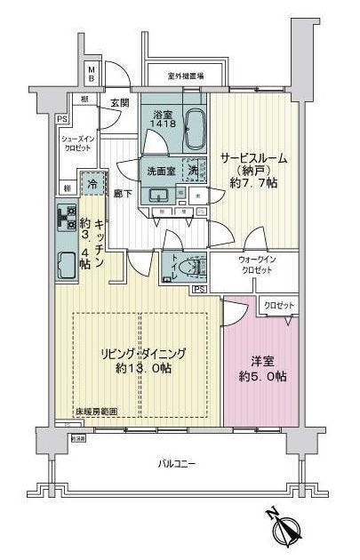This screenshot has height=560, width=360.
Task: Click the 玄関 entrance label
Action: click(x=119, y=103)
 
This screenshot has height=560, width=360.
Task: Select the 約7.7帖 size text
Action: click(x=252, y=183)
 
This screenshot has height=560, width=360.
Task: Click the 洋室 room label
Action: click(x=260, y=362)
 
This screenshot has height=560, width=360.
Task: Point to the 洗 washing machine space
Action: click(x=193, y=169)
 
